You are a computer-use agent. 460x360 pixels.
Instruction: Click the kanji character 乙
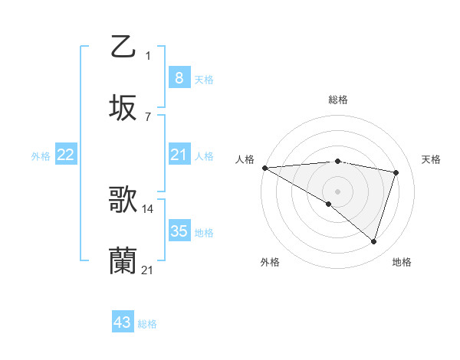pos(123,47)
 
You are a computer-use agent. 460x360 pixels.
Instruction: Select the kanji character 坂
pos(123,107)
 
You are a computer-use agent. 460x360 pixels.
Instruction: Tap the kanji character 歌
pos(123,201)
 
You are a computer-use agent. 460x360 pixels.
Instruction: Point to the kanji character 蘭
pos(123,260)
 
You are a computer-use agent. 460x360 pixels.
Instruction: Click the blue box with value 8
pos(179,77)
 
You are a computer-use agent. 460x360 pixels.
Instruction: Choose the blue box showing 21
pos(179,155)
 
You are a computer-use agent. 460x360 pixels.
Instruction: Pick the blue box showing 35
pos(179,231)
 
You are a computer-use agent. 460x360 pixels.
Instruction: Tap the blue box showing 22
pos(66,155)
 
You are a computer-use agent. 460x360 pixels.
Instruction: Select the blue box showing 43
pos(123,322)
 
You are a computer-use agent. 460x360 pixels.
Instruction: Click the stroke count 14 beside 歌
pos(148,208)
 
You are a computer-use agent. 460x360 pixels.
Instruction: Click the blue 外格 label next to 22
pos(41,156)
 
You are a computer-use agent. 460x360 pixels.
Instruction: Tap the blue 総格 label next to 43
pos(147,324)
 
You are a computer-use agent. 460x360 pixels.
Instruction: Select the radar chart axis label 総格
pos(338,100)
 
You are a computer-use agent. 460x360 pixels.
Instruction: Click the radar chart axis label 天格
pos(432,159)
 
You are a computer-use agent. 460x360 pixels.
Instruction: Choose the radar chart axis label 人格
pos(245,159)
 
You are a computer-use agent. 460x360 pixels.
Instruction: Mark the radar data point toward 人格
pos(264,168)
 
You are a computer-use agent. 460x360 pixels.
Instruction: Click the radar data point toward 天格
pos(396,172)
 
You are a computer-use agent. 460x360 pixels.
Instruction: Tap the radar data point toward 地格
pos(374,241)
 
